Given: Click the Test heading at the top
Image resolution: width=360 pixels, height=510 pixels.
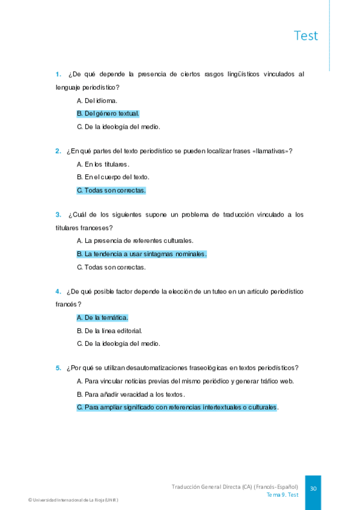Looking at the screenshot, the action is tap(306, 35).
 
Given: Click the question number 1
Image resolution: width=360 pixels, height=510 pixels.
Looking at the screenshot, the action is tap(58, 75).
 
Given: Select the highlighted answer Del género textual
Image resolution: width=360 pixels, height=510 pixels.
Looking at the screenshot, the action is tap(108, 113).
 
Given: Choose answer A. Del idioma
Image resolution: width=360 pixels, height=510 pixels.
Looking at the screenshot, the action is tap(97, 100).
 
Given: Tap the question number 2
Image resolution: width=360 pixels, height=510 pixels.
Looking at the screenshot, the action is tap(58, 150).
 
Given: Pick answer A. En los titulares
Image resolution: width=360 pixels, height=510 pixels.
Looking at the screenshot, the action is tap(103, 164).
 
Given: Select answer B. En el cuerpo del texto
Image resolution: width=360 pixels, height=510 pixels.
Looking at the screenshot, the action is tap(113, 177).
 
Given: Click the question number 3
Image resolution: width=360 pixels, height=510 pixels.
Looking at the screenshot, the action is tap(58, 214).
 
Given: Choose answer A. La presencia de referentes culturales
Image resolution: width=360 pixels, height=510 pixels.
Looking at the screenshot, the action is tap(135, 241).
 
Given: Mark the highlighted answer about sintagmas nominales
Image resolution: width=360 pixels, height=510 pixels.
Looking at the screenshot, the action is tap(141, 254).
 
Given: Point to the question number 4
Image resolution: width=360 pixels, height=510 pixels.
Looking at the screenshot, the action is tap(58, 291).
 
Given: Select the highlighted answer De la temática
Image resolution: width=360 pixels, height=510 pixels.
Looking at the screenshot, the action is tap(102, 318).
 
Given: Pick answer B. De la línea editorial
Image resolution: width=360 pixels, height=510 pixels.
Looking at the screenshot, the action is tap(109, 330).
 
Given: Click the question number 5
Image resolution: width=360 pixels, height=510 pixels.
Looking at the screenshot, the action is tap(58, 367).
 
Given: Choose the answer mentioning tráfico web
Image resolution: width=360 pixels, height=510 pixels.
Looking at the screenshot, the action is tap(185, 381).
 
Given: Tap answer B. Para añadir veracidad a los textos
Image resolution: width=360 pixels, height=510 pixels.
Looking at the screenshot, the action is tap(131, 394).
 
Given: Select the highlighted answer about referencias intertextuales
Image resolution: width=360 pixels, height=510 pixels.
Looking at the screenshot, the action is tap(177, 407).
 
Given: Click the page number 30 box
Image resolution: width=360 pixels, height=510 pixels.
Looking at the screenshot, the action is tap(313, 489).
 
